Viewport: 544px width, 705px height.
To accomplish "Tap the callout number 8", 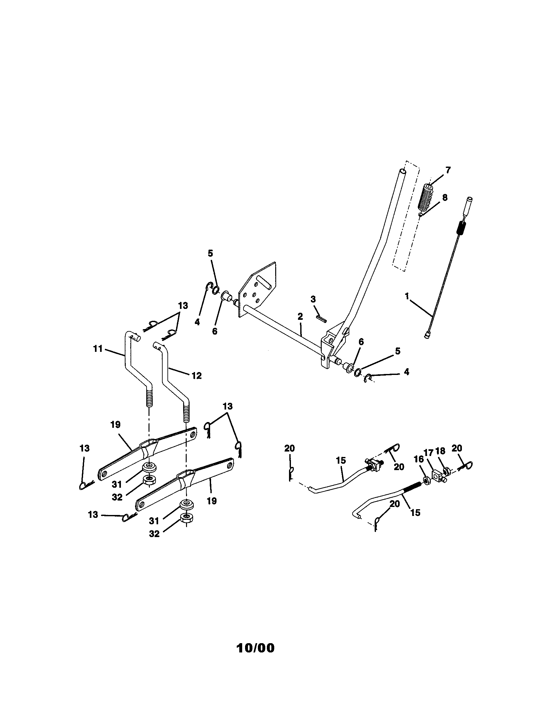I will click(x=445, y=197).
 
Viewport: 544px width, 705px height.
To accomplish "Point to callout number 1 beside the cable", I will click(x=407, y=296).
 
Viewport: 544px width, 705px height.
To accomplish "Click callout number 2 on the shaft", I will click(x=300, y=316).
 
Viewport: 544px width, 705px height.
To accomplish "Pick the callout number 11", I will click(x=98, y=349).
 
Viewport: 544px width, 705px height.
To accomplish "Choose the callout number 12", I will click(x=196, y=376).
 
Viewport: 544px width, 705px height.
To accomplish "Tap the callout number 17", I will click(x=428, y=453).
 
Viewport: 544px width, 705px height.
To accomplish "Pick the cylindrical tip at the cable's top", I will click(x=468, y=207).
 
